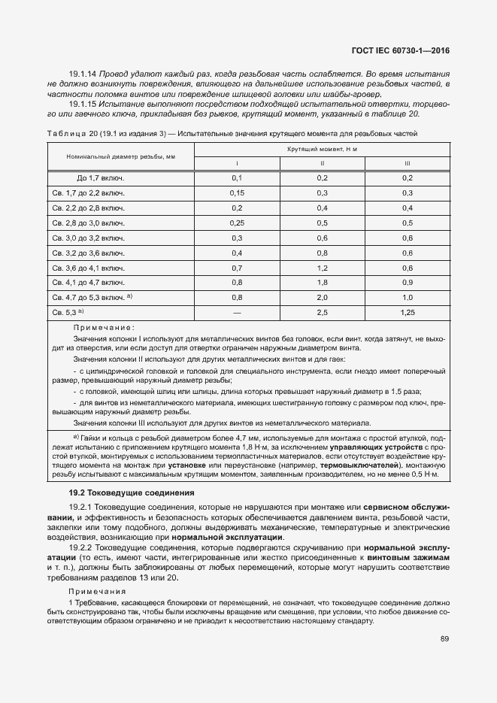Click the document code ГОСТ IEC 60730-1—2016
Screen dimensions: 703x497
click(x=405, y=51)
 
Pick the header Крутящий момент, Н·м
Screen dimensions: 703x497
click(x=322, y=150)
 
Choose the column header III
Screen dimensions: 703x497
click(x=408, y=163)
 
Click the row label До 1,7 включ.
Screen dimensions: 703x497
click(x=100, y=178)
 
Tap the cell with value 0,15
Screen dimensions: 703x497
click(x=237, y=193)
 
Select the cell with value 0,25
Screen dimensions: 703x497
click(x=237, y=223)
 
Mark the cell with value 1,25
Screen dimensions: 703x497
click(x=408, y=311)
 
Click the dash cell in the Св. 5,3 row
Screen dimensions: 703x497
click(x=237, y=311)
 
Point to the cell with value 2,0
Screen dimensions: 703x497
click(x=322, y=296)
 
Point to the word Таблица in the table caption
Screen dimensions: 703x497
click(x=66, y=133)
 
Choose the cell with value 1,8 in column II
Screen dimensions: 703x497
click(x=322, y=282)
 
